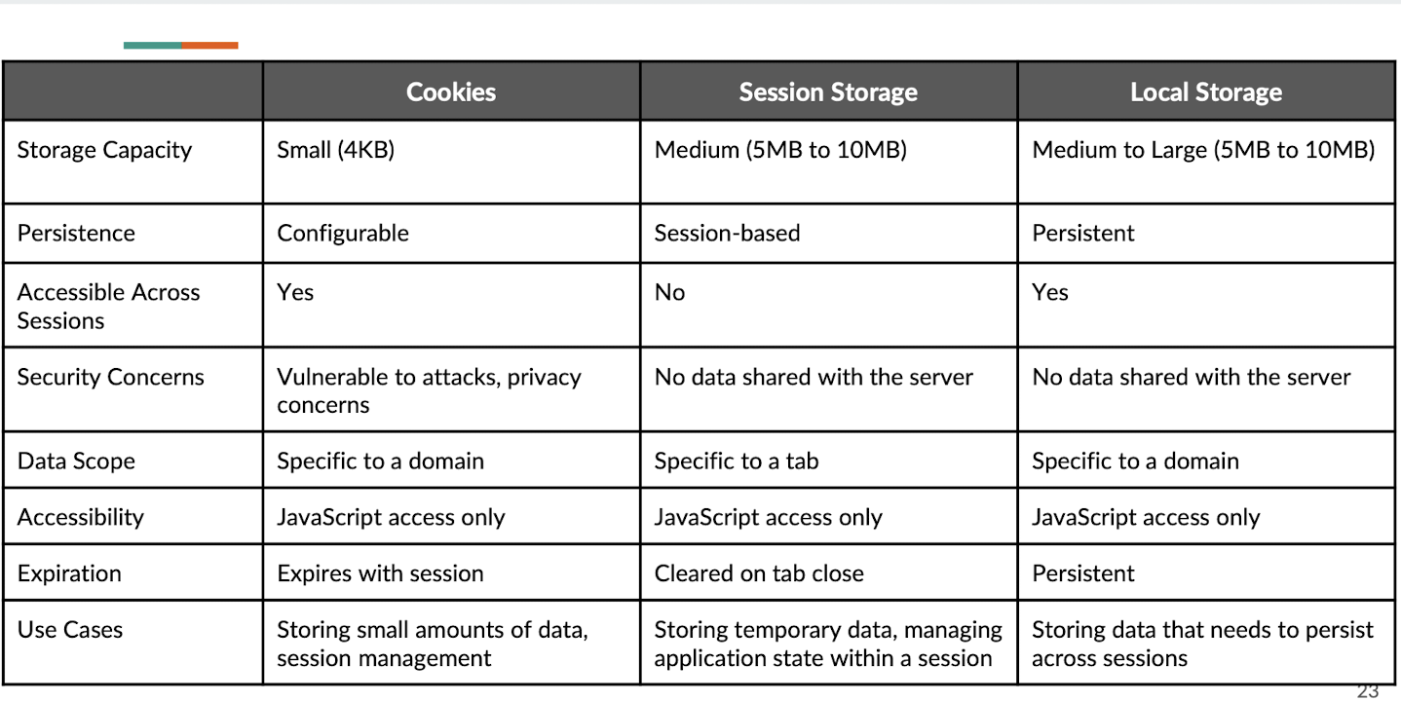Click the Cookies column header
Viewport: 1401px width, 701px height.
[x=451, y=92]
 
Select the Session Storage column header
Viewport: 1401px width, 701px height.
[x=828, y=92]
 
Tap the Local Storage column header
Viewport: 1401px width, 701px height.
[x=1206, y=92]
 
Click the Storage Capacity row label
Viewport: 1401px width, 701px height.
[x=104, y=150]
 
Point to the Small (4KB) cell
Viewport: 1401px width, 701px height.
[x=336, y=150]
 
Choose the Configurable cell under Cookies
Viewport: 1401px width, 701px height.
[x=343, y=233]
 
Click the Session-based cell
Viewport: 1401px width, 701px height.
[x=728, y=233]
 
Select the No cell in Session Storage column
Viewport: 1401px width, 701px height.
[x=670, y=292]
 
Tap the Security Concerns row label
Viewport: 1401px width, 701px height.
[x=111, y=377]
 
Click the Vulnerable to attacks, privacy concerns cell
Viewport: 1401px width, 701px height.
[x=429, y=390]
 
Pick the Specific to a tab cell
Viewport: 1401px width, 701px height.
[x=737, y=461]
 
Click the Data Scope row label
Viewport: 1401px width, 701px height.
[x=76, y=461]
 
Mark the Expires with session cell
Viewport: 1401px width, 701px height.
[x=380, y=573]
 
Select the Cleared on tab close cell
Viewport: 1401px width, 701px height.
[x=759, y=573]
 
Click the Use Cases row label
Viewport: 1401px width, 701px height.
[x=70, y=630]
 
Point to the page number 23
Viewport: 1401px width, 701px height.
[x=1368, y=692]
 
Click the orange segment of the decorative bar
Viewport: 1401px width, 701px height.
[x=210, y=45]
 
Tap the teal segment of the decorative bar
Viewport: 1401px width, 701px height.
[x=153, y=45]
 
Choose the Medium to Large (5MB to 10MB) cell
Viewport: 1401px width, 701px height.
[x=1203, y=150]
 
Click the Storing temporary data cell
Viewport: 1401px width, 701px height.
[x=828, y=644]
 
